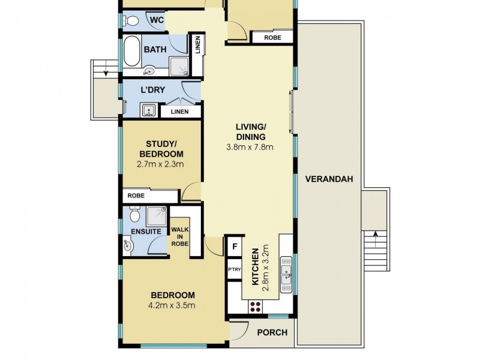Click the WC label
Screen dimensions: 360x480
click(x=156, y=20)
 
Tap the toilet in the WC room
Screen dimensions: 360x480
click(x=131, y=21)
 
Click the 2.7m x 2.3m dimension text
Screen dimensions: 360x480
click(x=160, y=164)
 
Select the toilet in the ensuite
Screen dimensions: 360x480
click(x=134, y=214)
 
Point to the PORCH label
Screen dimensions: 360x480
click(x=272, y=333)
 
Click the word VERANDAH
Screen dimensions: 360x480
click(x=328, y=179)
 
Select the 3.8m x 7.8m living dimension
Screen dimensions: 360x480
click(x=250, y=147)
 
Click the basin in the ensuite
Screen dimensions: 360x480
click(x=128, y=245)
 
